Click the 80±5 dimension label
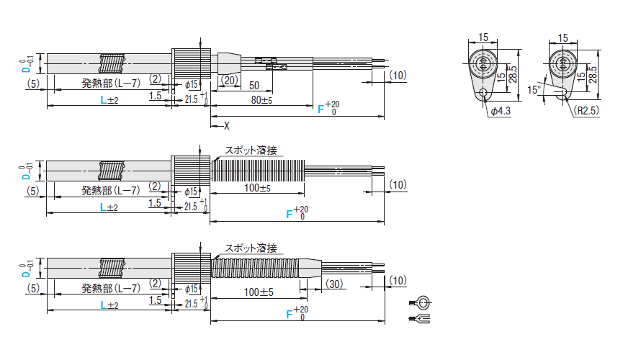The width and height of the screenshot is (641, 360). [261, 99]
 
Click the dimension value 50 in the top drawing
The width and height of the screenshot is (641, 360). [254, 86]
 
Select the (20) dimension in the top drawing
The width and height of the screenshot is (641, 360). [229, 80]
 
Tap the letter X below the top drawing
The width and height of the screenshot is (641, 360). [226, 126]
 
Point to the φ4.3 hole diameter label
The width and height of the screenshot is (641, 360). [501, 111]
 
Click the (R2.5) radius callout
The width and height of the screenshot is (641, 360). [586, 110]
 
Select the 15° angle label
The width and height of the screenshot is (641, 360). [534, 90]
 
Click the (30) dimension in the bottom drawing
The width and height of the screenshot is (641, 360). [334, 284]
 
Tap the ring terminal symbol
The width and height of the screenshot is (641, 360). [420, 303]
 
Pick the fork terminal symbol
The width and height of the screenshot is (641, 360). [419, 318]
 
